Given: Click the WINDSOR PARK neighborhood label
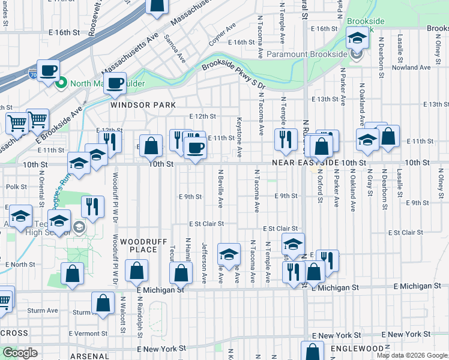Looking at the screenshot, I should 143,105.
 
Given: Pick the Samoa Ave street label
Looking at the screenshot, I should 179,52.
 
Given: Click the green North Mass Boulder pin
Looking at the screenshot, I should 61,83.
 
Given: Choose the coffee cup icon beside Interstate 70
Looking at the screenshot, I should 49,70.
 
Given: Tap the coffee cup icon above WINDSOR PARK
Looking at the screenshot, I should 115,83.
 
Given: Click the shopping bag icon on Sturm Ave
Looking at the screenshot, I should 103,303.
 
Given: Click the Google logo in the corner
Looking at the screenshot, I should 20,353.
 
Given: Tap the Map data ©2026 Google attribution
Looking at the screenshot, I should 411,355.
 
